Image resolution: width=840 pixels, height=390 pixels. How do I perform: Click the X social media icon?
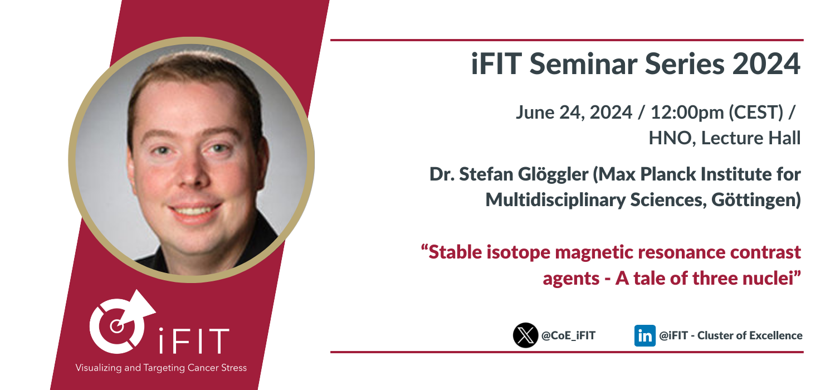pyautogui.click(x=525, y=335)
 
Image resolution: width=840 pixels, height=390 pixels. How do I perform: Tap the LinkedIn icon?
pyautogui.click(x=645, y=335)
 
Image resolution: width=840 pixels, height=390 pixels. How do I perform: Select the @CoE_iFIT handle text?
pyautogui.click(x=569, y=335)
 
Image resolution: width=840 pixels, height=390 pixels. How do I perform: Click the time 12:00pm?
pyautogui.click(x=687, y=113)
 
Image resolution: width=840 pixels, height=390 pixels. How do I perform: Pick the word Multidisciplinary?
pyautogui.click(x=555, y=200)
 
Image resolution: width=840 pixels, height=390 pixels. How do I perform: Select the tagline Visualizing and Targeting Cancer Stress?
pyautogui.click(x=161, y=368)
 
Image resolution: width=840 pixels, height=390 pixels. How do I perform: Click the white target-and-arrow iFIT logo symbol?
pyautogui.click(x=120, y=323)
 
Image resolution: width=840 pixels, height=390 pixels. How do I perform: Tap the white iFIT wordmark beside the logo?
pyautogui.click(x=194, y=341)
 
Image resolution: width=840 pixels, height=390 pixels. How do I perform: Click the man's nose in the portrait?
pyautogui.click(x=192, y=173)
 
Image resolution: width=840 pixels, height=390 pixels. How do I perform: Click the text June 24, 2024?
pyautogui.click(x=574, y=113)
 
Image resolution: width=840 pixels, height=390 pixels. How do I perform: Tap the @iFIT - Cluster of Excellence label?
pyautogui.click(x=731, y=335)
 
